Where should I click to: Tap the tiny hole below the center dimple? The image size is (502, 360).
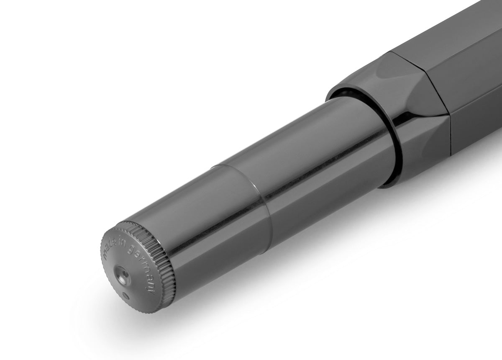pyautogui.click(x=127, y=296)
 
